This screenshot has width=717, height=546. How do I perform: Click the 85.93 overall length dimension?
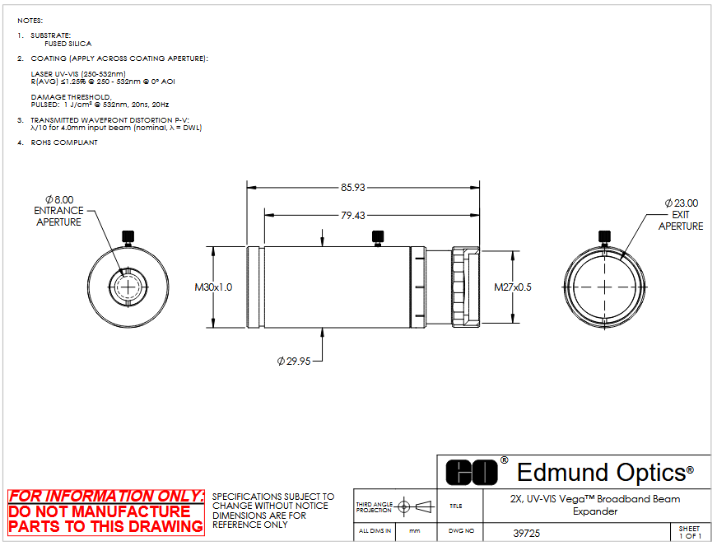coord(352,188)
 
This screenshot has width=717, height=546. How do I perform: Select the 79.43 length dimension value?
coord(352,216)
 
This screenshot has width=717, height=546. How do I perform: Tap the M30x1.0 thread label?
coord(213,287)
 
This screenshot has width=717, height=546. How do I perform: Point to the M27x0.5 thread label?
coord(513,287)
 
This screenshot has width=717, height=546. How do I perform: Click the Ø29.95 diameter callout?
coord(294,362)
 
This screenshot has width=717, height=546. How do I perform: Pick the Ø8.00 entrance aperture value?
coord(59,200)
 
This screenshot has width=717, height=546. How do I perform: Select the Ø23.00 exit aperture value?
coord(682,203)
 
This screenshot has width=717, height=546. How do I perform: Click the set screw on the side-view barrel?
coord(378,238)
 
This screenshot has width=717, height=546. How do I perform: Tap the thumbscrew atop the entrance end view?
coord(128,238)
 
